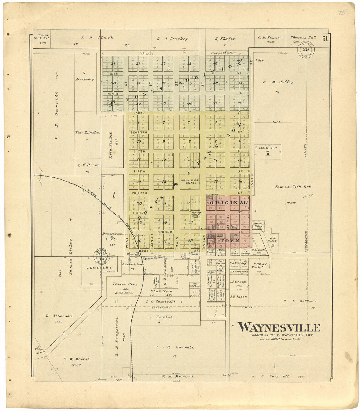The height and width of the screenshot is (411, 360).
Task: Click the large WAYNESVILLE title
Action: [279, 328]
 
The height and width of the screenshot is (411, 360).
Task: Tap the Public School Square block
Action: [189, 181]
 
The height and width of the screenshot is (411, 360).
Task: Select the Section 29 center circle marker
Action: [306, 50]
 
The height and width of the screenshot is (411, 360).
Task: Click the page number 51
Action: [325, 39]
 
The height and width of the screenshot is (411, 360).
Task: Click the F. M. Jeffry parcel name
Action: [278, 82]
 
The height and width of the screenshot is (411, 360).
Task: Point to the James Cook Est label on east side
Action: [292, 187]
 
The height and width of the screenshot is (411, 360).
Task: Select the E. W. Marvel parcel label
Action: [72, 359]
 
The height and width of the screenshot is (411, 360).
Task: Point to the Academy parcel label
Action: [84, 79]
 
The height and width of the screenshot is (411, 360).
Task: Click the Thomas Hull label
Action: [303, 38]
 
